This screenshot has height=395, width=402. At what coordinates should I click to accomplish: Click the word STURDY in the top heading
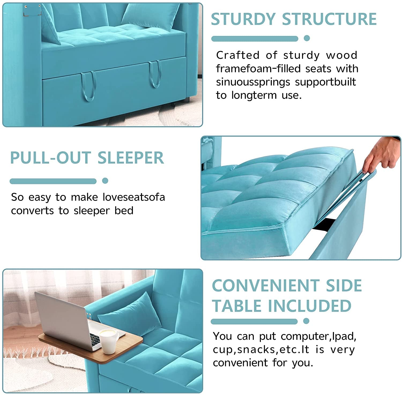pyautogui.click(x=243, y=19)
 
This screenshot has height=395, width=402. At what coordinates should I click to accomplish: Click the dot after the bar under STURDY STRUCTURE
pyautogui.click(x=307, y=38)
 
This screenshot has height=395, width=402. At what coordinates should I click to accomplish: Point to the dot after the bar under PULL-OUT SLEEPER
pyautogui.click(x=105, y=181)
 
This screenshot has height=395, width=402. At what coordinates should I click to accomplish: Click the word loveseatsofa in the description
pyautogui.click(x=134, y=197)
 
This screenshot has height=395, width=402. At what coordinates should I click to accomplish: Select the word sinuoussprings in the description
pyautogui.click(x=253, y=82)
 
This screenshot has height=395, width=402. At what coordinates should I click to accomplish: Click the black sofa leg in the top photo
pyautogui.click(x=185, y=100)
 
